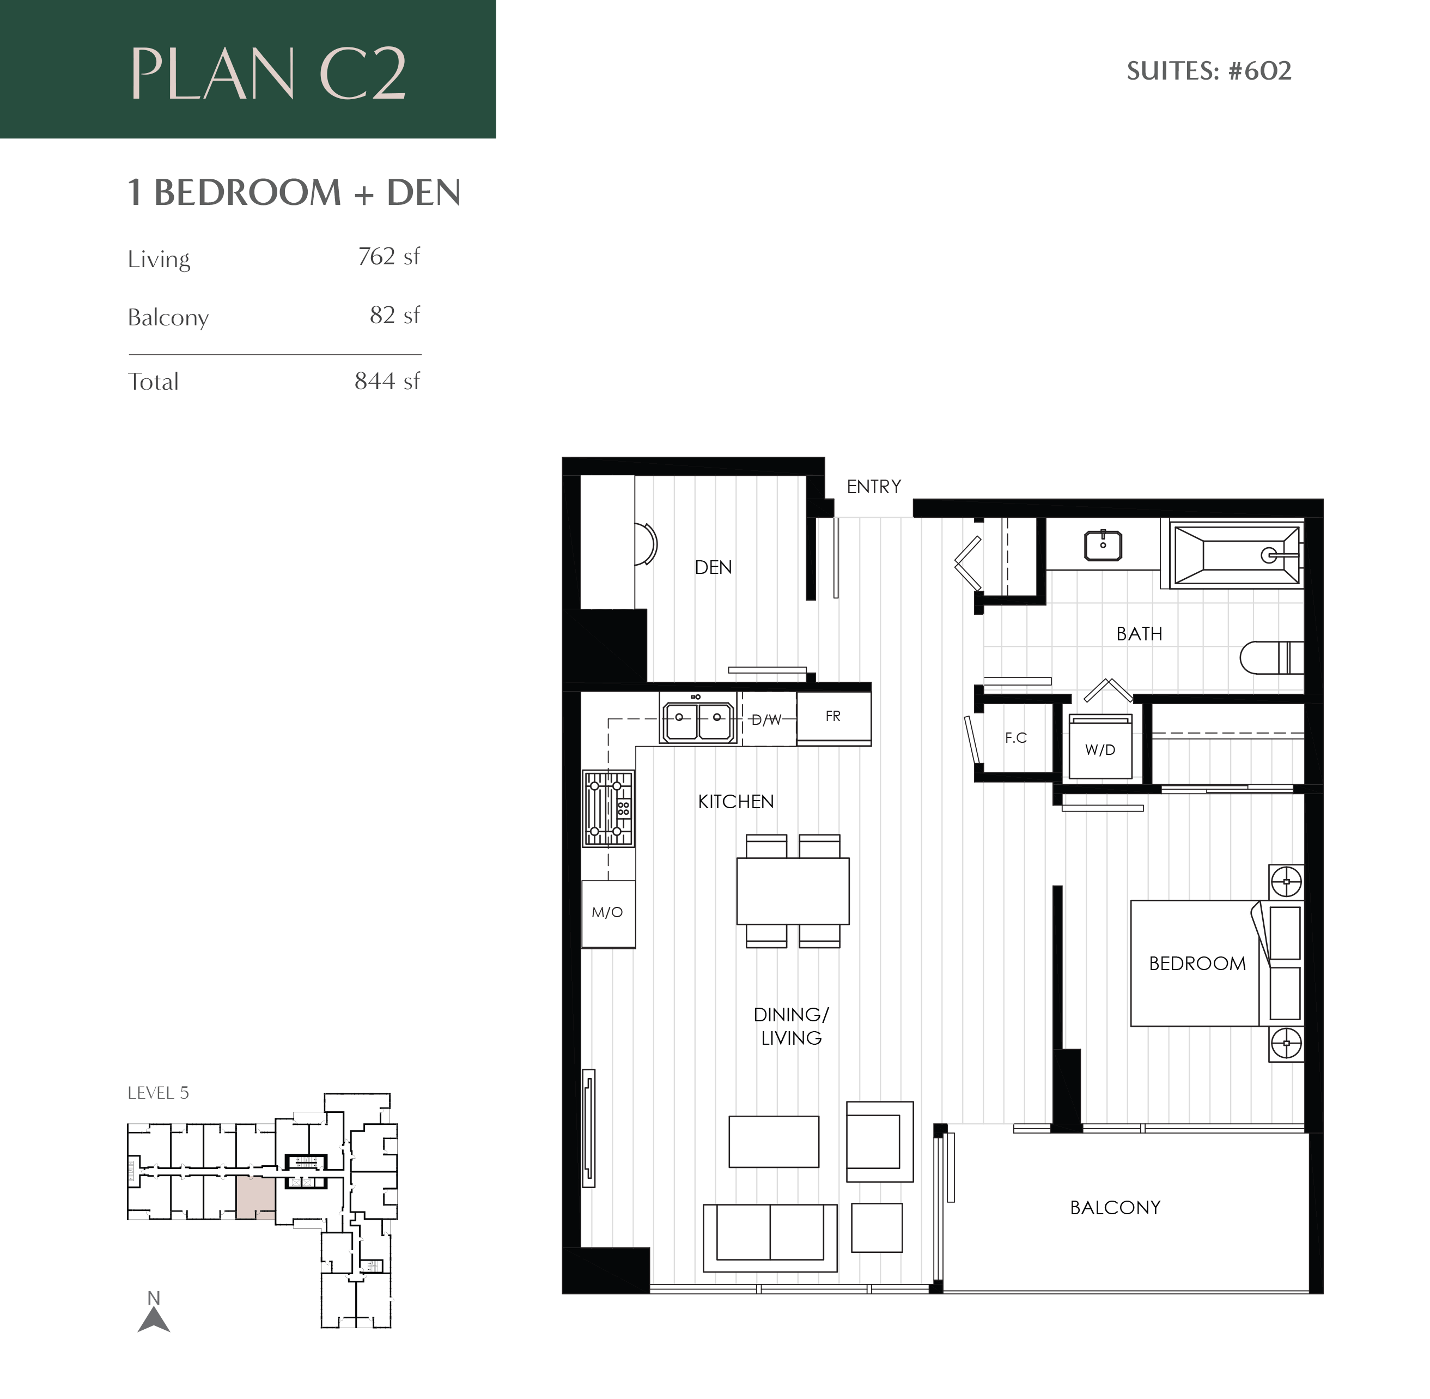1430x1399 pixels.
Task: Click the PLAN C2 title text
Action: pyautogui.click(x=268, y=74)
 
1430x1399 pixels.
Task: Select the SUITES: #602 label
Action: pyautogui.click(x=1208, y=71)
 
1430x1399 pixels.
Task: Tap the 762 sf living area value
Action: pyautogui.click(x=388, y=257)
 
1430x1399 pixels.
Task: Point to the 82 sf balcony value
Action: pyautogui.click(x=394, y=315)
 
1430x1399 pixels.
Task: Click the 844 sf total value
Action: pyautogui.click(x=387, y=380)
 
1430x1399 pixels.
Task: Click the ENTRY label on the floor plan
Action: pyautogui.click(x=873, y=487)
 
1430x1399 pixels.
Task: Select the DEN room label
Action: pyautogui.click(x=713, y=567)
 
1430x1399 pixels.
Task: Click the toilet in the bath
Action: pyautogui.click(x=1270, y=657)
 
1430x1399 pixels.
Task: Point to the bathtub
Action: pyautogui.click(x=1236, y=555)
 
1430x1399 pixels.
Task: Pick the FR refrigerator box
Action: pyautogui.click(x=833, y=717)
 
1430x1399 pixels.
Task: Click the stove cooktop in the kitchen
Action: pyautogui.click(x=608, y=808)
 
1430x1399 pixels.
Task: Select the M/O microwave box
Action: pyautogui.click(x=607, y=912)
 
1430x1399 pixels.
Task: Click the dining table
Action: pyautogui.click(x=793, y=891)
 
